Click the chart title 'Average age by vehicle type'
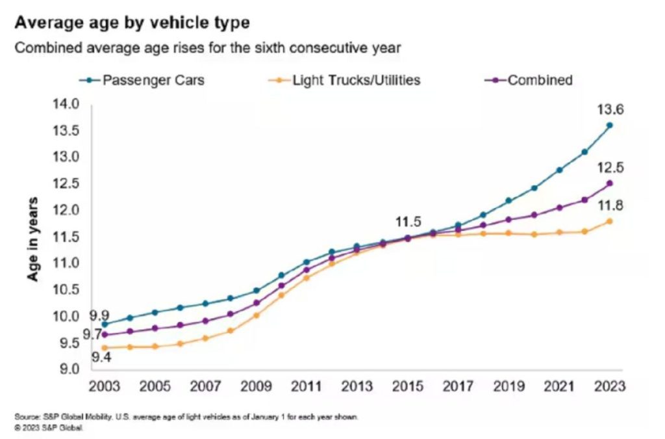(x=132, y=23)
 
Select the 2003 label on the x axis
(x=105, y=386)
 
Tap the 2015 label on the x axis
(x=408, y=386)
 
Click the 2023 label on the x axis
(x=609, y=386)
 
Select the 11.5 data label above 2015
(x=408, y=222)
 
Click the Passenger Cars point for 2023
(x=609, y=125)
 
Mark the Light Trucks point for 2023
(x=609, y=221)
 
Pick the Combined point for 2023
(x=609, y=183)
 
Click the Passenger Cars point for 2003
(x=105, y=324)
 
